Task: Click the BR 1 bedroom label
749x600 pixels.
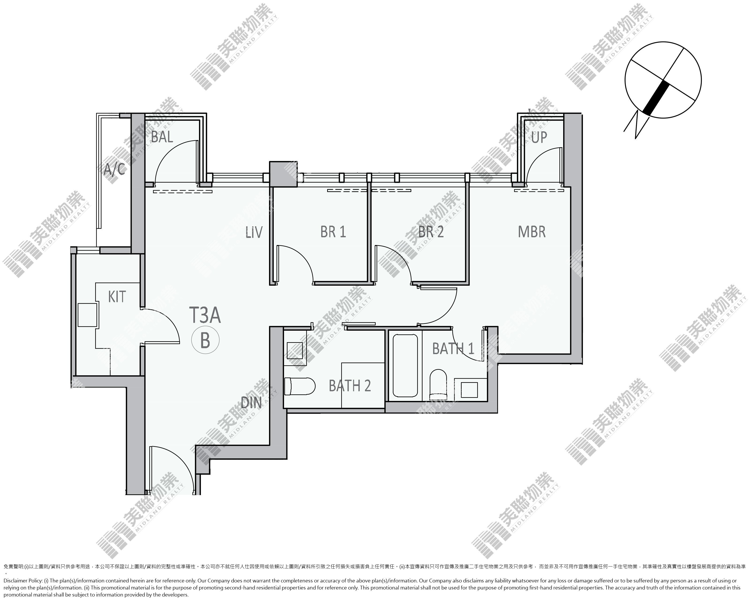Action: (333, 232)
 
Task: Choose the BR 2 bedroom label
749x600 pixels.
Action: (431, 232)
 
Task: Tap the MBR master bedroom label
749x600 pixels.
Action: (532, 232)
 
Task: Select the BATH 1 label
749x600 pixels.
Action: (453, 349)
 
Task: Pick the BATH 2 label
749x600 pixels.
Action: (350, 386)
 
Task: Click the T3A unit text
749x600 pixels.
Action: (205, 315)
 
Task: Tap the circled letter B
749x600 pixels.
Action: (205, 341)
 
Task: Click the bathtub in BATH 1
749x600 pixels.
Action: (405, 365)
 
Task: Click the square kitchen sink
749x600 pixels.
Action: (87, 315)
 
